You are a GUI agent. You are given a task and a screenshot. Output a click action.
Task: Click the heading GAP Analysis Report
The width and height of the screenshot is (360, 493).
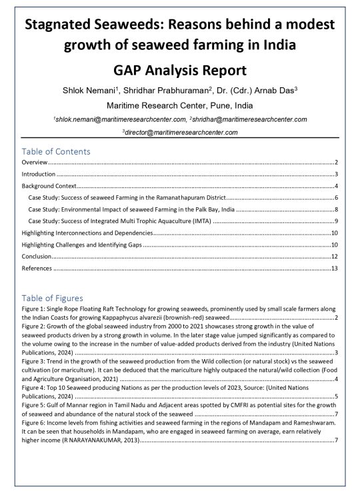179,71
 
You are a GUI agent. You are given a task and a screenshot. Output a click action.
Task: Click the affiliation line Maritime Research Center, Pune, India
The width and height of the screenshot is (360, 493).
179,105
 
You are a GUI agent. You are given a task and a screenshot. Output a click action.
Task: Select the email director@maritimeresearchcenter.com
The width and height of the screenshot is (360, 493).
180,133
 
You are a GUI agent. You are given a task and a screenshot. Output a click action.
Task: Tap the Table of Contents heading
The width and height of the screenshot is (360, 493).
55,151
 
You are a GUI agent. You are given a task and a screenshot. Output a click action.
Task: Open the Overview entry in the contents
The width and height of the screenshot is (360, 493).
34,162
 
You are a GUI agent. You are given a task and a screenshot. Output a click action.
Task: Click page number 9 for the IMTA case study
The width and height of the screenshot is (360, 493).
336,221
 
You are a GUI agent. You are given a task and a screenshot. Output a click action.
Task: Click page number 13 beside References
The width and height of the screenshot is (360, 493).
335,268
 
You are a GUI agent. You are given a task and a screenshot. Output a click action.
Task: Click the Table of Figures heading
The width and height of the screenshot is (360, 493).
52,298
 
